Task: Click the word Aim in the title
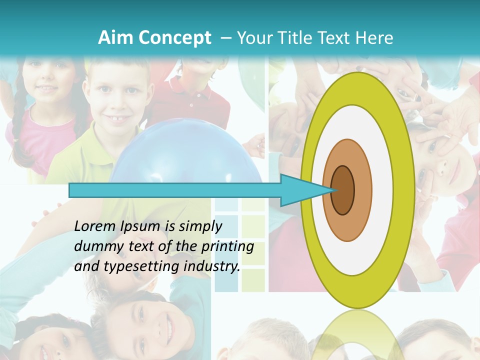[115, 38]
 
